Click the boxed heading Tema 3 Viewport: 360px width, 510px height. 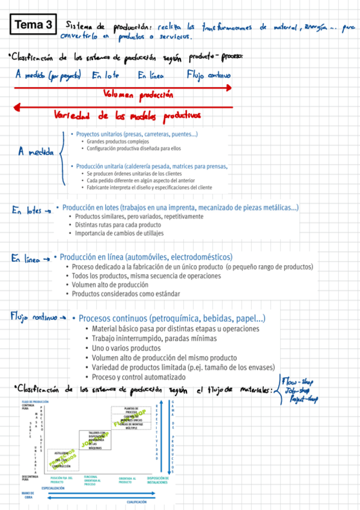click(x=32, y=25)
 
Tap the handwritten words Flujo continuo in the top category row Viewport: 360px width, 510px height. click(x=209, y=76)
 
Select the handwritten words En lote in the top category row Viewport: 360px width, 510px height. click(x=105, y=76)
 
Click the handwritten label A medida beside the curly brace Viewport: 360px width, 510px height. click(x=37, y=152)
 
